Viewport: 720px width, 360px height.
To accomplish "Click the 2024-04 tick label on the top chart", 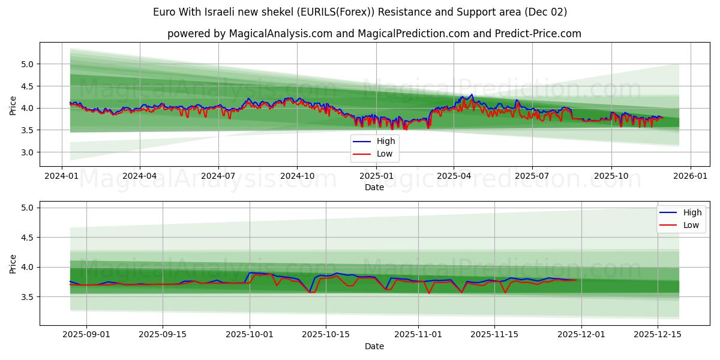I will click(x=140, y=177).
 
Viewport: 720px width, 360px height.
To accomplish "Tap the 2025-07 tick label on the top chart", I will click(x=532, y=177).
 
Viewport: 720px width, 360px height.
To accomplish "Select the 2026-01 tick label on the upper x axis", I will click(x=690, y=177).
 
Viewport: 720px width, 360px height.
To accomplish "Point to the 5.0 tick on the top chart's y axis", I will click(x=28, y=64).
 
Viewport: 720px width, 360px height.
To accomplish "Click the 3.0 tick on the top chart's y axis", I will click(x=28, y=152).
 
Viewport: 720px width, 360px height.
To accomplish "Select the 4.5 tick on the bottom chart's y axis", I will click(x=28, y=238).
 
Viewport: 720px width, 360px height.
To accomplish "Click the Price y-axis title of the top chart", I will click(x=13, y=106).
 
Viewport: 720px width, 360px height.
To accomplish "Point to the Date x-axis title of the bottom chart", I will click(x=374, y=346).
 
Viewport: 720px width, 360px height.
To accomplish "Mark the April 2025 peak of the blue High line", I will click(x=472, y=95).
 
